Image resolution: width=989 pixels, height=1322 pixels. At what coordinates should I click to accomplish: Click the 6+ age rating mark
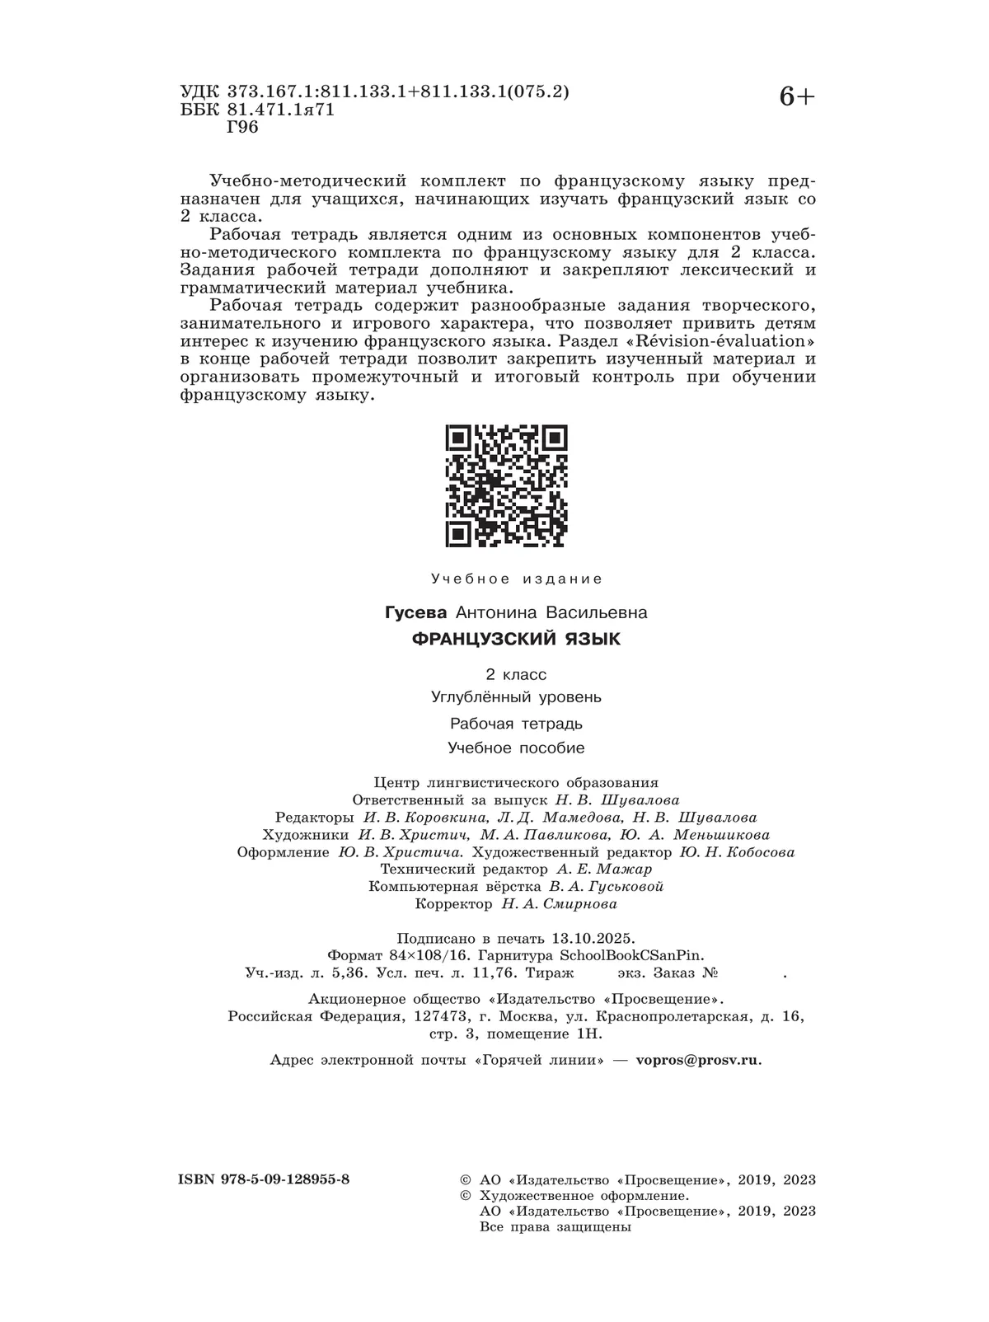[x=795, y=97]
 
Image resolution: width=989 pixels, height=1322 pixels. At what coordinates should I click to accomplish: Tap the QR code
[x=506, y=485]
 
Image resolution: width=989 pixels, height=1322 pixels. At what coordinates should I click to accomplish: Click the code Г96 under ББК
[x=242, y=127]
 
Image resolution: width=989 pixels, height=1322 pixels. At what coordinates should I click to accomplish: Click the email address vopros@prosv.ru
[x=698, y=1060]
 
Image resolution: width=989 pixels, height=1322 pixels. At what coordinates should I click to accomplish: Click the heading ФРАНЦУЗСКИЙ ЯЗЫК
[x=516, y=639]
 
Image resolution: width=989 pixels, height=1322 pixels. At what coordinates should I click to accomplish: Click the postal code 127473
[x=441, y=1016]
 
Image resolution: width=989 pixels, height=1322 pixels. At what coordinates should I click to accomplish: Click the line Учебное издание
[x=517, y=579]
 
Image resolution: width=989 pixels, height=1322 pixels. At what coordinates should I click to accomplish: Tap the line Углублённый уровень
[x=516, y=697]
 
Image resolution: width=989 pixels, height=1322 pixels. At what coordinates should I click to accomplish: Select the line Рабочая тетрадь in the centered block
[x=516, y=724]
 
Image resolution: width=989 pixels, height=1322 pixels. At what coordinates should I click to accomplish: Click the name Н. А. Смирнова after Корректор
[x=559, y=904]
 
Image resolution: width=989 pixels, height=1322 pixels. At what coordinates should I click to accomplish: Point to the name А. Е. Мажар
[x=603, y=869]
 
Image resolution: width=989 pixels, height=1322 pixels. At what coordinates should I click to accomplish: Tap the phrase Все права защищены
[x=555, y=1226]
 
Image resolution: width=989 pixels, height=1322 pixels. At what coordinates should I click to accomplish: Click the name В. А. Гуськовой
[x=604, y=887]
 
